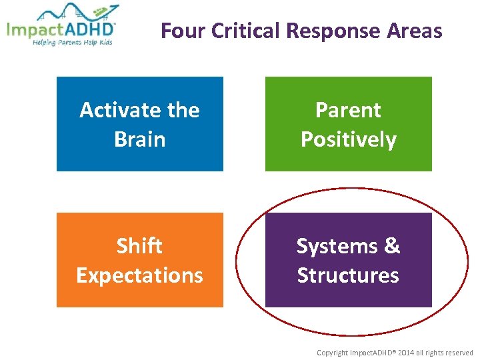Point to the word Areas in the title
click(x=415, y=31)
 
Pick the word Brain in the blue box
click(x=139, y=139)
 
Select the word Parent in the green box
click(x=348, y=110)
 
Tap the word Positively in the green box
click(x=348, y=139)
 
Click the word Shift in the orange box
click(x=139, y=246)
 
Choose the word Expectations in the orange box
click(x=139, y=275)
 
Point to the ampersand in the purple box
click(x=392, y=246)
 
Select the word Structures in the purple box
click(x=348, y=275)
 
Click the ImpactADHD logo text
click(x=61, y=30)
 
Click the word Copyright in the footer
click(x=331, y=353)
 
